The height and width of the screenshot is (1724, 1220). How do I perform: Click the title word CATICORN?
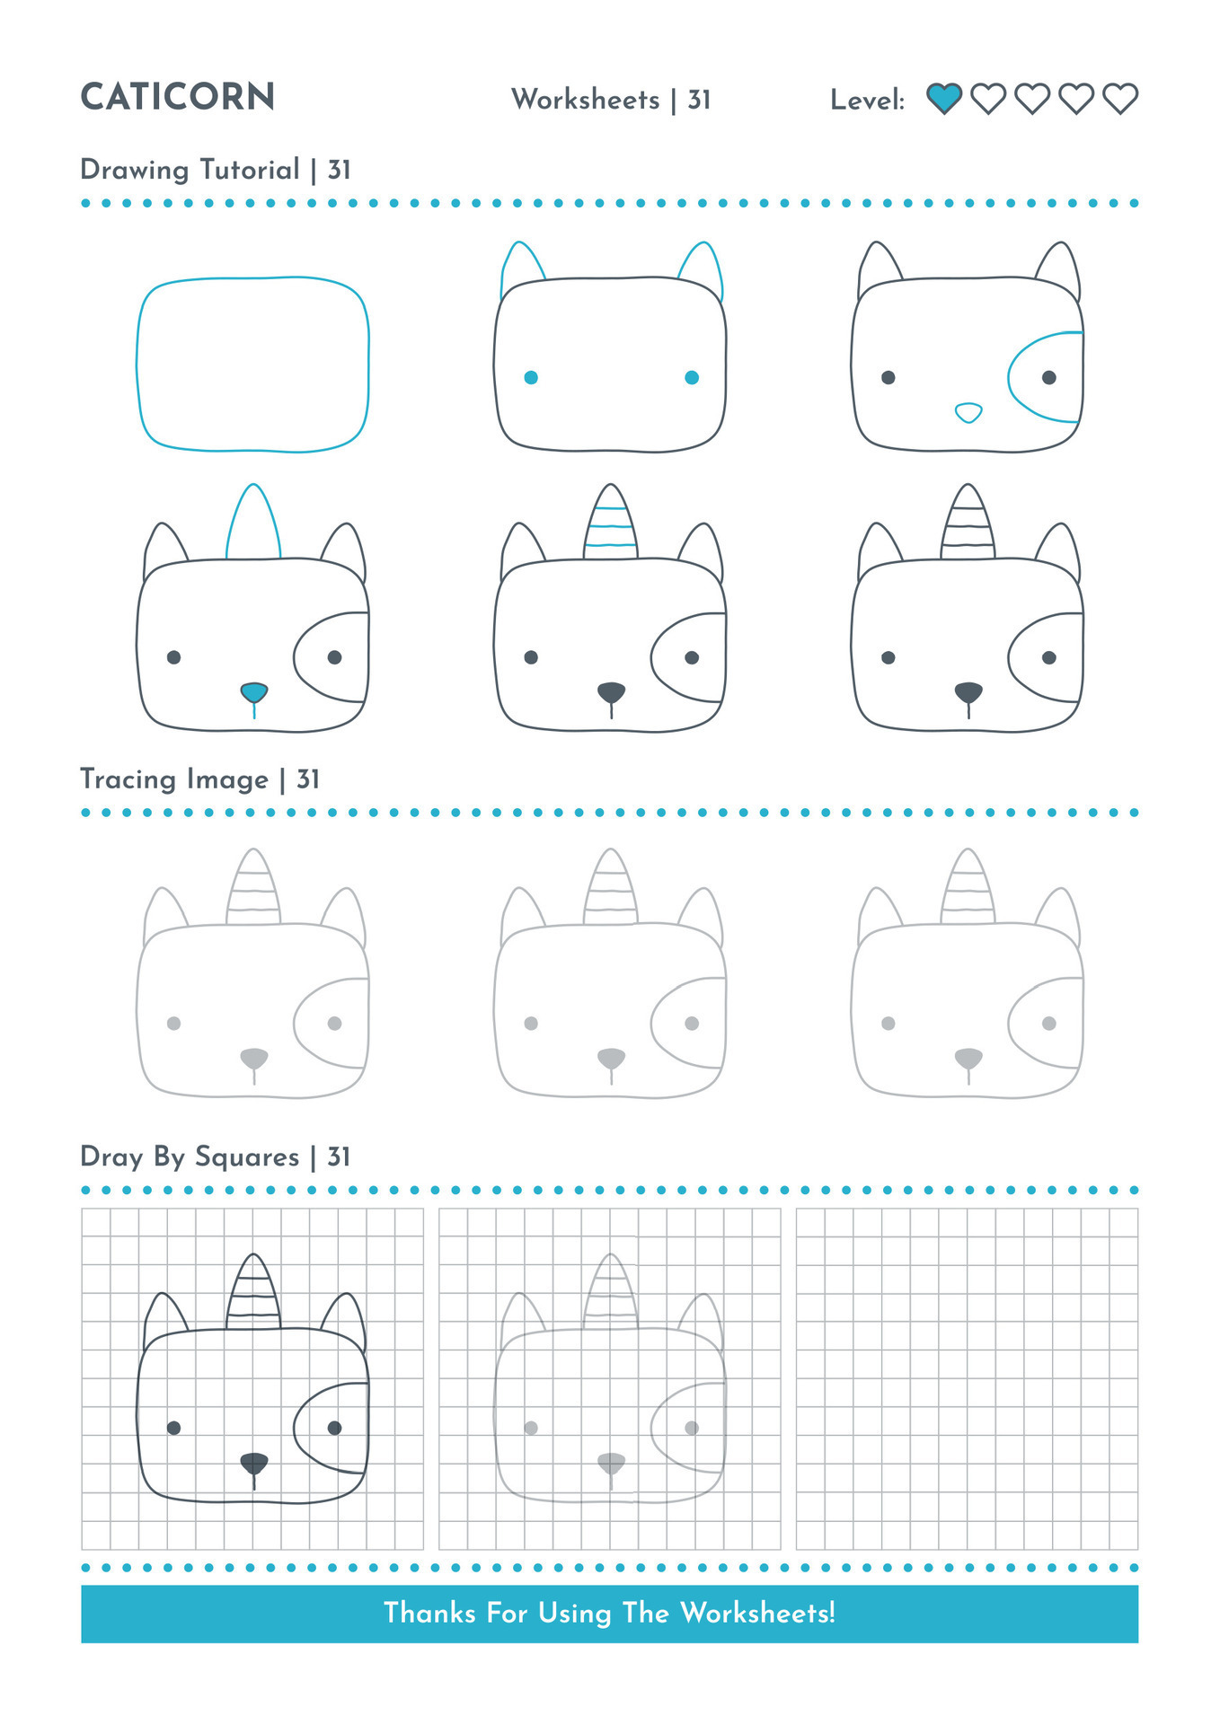[x=177, y=97]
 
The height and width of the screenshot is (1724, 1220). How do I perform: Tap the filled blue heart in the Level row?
[x=943, y=98]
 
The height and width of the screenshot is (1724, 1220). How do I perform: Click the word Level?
[x=866, y=100]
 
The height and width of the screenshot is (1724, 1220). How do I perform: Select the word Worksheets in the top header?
[x=585, y=99]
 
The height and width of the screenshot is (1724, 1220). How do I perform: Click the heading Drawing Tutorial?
[x=190, y=170]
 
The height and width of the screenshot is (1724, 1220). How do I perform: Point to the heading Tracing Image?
[x=174, y=778]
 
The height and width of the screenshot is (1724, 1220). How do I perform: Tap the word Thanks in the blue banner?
[x=429, y=1613]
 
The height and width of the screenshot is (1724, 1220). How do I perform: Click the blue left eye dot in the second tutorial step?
[x=531, y=378]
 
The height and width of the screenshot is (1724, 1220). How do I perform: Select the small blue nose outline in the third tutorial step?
[x=968, y=412]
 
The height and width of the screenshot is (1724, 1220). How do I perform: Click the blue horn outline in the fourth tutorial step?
[x=253, y=521]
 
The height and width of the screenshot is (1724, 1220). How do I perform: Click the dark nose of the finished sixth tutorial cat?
[x=968, y=692]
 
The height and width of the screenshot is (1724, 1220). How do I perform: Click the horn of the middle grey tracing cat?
[x=611, y=889]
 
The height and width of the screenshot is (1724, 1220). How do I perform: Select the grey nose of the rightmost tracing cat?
[x=968, y=1058]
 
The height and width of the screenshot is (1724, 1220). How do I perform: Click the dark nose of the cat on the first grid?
[x=254, y=1463]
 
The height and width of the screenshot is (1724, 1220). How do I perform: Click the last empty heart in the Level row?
[x=1120, y=98]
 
